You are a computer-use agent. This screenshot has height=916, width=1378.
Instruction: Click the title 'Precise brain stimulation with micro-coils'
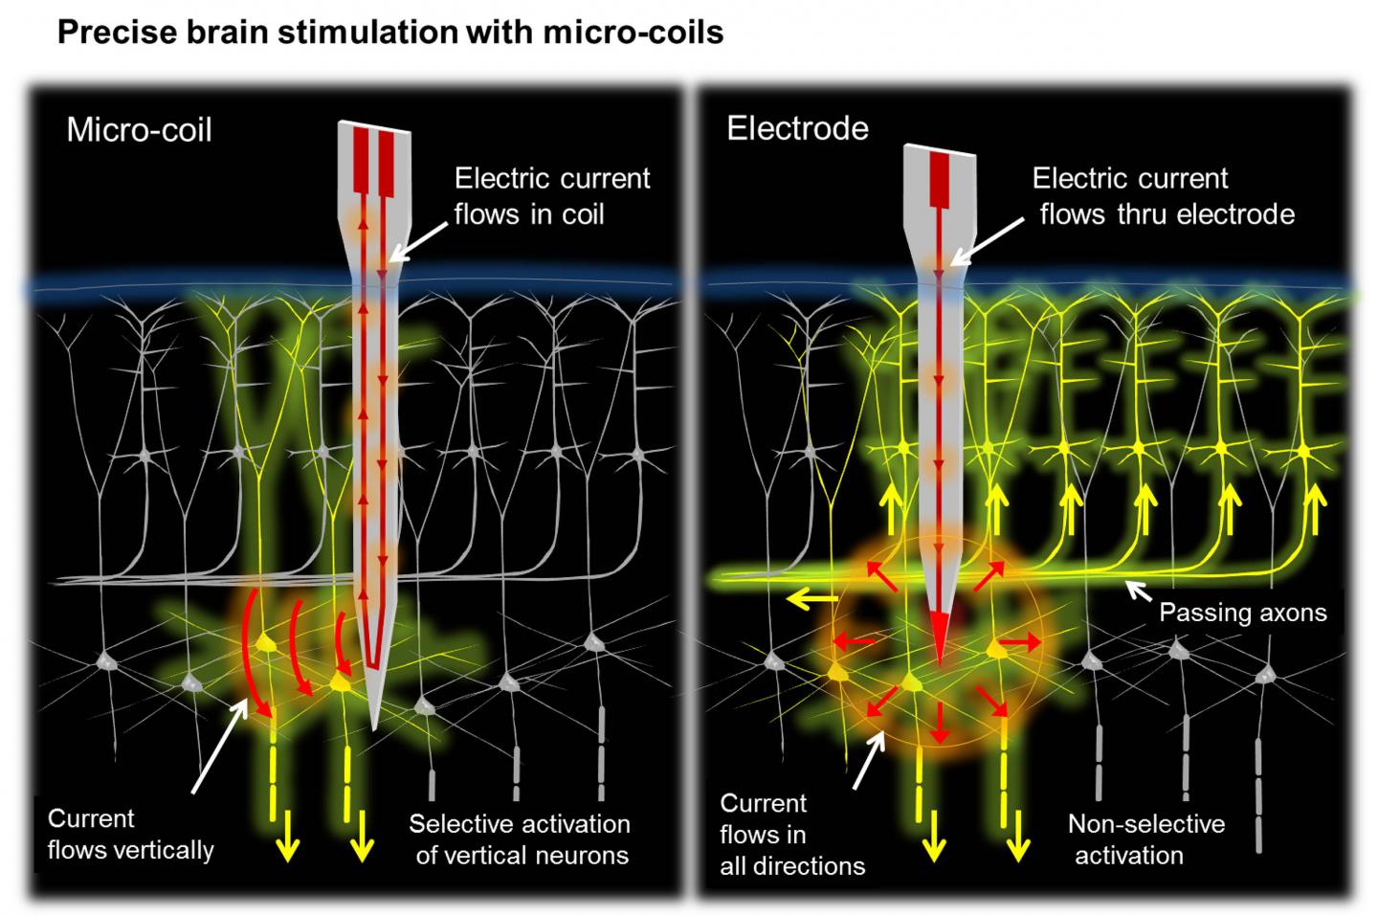click(389, 33)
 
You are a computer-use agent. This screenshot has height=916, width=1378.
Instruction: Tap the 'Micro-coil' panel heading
click(139, 129)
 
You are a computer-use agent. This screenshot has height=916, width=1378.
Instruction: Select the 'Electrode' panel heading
click(797, 128)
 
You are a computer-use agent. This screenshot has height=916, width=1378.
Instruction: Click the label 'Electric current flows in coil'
click(551, 195)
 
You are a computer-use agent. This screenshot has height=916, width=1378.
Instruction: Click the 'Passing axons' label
click(1242, 613)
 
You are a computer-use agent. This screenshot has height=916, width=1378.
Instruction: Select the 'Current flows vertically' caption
click(130, 834)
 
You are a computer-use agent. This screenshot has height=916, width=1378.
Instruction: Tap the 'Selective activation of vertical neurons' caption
click(521, 839)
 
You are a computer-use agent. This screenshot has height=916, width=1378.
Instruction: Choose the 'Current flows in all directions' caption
click(791, 835)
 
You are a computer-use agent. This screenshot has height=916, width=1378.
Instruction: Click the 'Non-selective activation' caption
click(1145, 839)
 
